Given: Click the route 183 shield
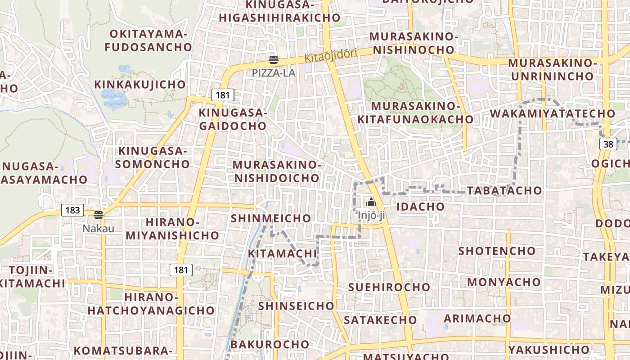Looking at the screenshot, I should pyautogui.click(x=72, y=210).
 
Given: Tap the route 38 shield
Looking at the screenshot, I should pyautogui.click(x=608, y=144).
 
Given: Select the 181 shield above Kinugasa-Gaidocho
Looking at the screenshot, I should pyautogui.click(x=222, y=95).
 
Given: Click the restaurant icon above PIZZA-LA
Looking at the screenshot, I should pyautogui.click(x=273, y=60).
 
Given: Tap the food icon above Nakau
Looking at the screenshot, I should pyautogui.click(x=99, y=215).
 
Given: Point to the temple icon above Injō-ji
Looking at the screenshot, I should pyautogui.click(x=371, y=202).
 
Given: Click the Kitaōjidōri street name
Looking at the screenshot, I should pyautogui.click(x=331, y=56).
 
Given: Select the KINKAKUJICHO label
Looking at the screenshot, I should pyautogui.click(x=140, y=85).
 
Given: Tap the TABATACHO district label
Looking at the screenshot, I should pyautogui.click(x=504, y=190).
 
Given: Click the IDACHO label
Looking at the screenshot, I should pyautogui.click(x=420, y=207).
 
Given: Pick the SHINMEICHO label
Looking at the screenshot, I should pyautogui.click(x=271, y=218).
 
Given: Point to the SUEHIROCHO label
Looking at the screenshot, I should pyautogui.click(x=389, y=287).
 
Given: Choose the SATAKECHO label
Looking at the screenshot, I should pyautogui.click(x=380, y=320).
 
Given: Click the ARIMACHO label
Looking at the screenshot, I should pyautogui.click(x=477, y=318).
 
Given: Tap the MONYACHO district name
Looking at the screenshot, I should pyautogui.click(x=504, y=282).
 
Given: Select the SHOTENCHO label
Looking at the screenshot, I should pyautogui.click(x=497, y=251).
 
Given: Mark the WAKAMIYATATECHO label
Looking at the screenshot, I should pyautogui.click(x=553, y=113).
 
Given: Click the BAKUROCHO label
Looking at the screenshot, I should pyautogui.click(x=270, y=344).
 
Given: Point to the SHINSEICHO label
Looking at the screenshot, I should pyautogui.click(x=296, y=306).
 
